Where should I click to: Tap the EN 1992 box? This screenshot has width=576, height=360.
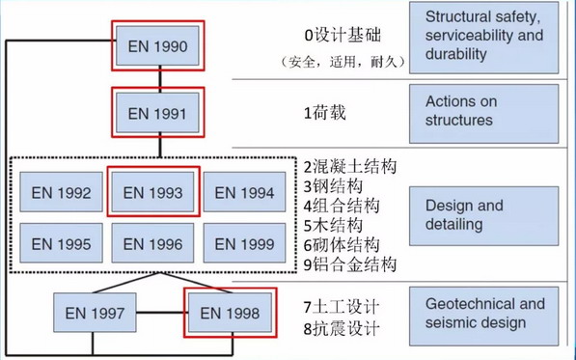[61, 193]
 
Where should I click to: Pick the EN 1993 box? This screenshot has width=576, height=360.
[153, 193]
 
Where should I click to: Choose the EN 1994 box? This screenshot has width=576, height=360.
[245, 193]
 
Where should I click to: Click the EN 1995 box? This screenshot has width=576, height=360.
[61, 244]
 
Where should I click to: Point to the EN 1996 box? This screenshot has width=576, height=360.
[153, 244]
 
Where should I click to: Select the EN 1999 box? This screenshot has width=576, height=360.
[245, 244]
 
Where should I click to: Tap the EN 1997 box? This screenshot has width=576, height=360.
[95, 313]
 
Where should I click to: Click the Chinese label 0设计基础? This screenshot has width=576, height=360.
[343, 36]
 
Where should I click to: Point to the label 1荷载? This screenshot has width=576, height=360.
[323, 112]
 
